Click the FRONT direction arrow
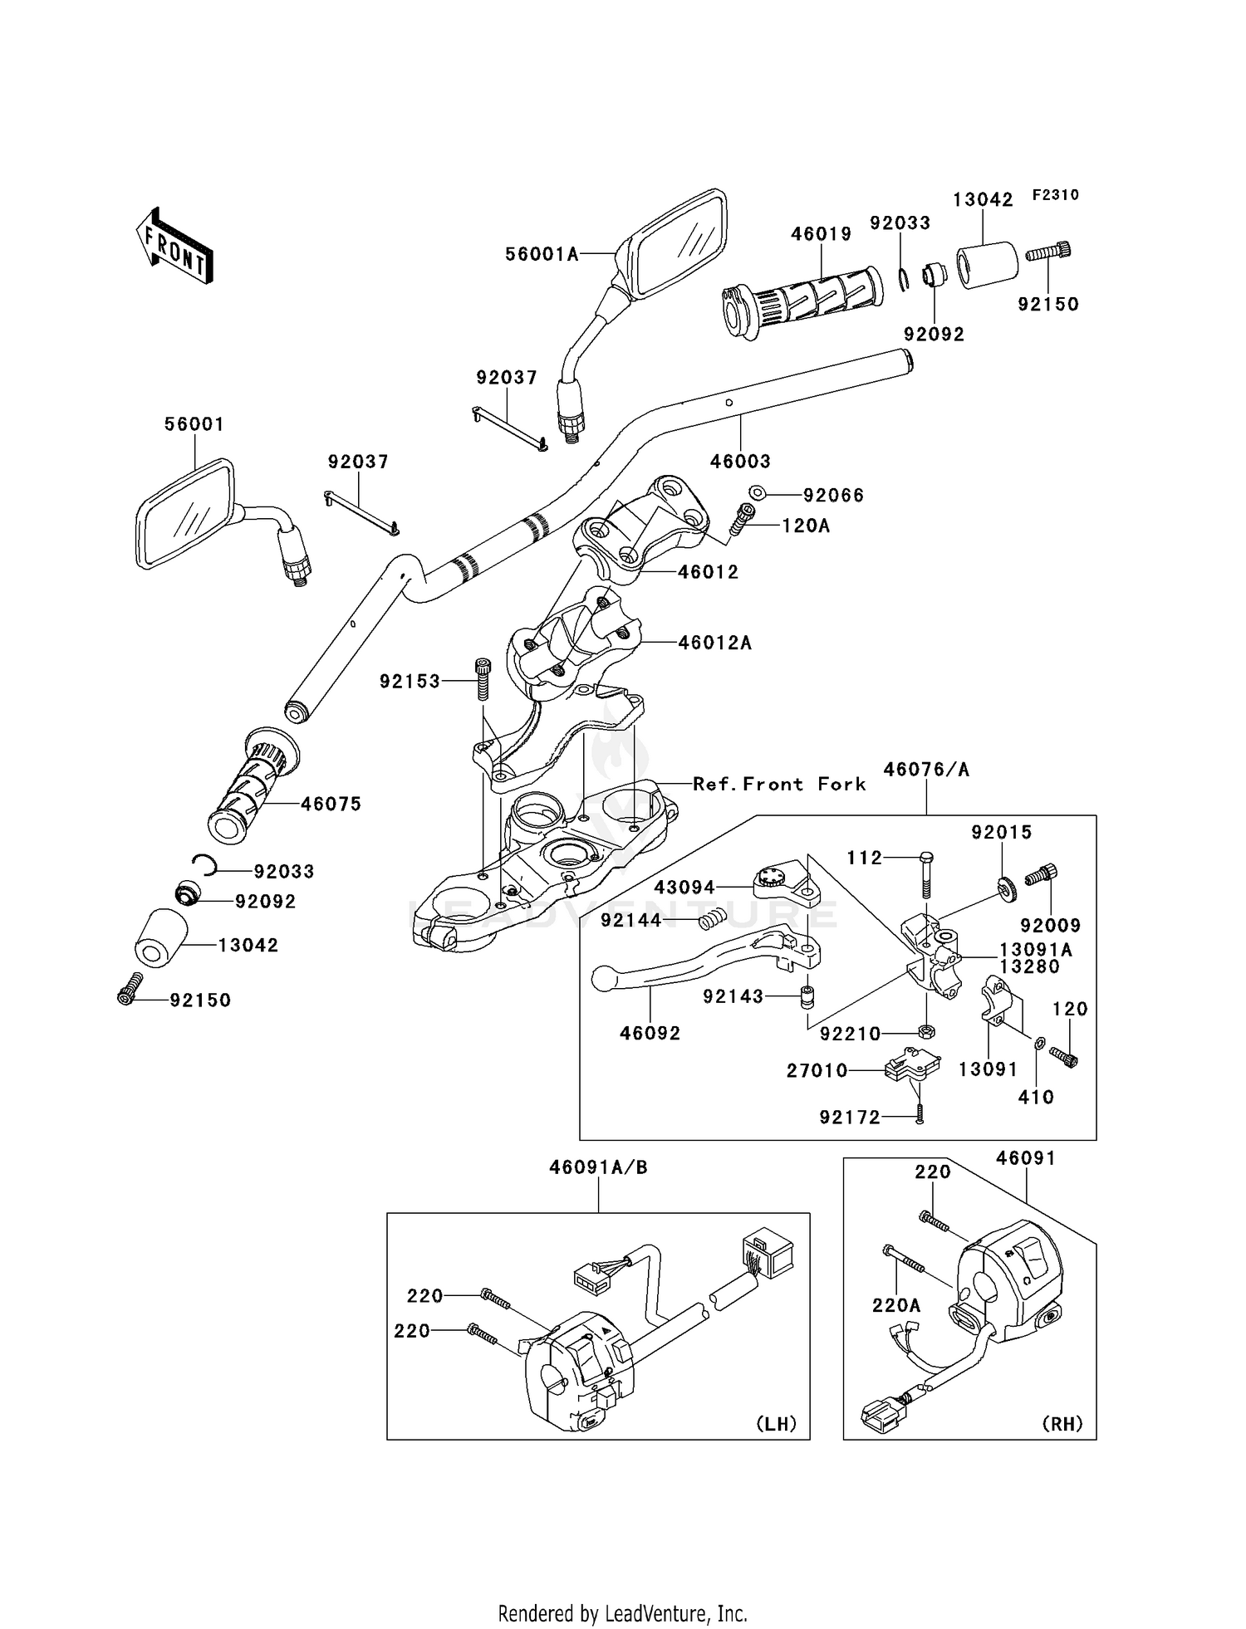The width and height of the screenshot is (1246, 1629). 174,247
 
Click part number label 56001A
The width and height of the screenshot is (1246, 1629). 542,255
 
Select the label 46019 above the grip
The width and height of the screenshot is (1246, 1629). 821,234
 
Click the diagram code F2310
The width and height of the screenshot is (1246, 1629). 1055,195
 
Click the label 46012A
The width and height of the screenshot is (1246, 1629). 714,643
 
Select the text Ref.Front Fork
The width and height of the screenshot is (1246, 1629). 779,784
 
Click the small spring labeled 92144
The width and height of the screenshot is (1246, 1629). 711,919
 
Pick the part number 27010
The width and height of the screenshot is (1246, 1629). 817,1071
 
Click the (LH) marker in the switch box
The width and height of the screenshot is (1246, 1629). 776,1424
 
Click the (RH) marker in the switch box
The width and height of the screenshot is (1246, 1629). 1062,1424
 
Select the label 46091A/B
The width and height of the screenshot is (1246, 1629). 598,1167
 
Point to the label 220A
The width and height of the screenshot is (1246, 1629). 895,1305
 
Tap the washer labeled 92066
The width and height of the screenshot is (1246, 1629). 757,493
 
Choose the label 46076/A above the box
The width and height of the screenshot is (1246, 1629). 925,770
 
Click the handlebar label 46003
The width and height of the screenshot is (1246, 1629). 740,462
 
